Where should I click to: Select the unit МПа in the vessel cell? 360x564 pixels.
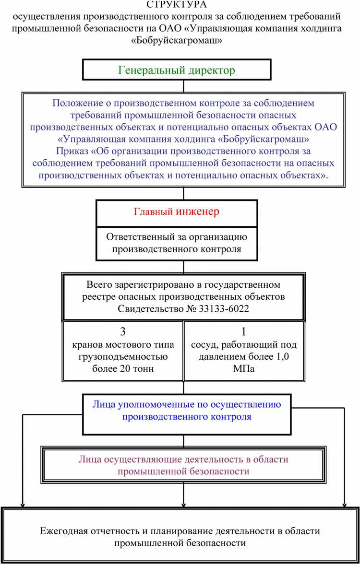pyautogui.click(x=244, y=369)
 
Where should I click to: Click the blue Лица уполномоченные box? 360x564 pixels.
pyautogui.click(x=186, y=411)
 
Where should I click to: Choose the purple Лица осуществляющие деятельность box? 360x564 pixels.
pyautogui.click(x=183, y=465)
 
